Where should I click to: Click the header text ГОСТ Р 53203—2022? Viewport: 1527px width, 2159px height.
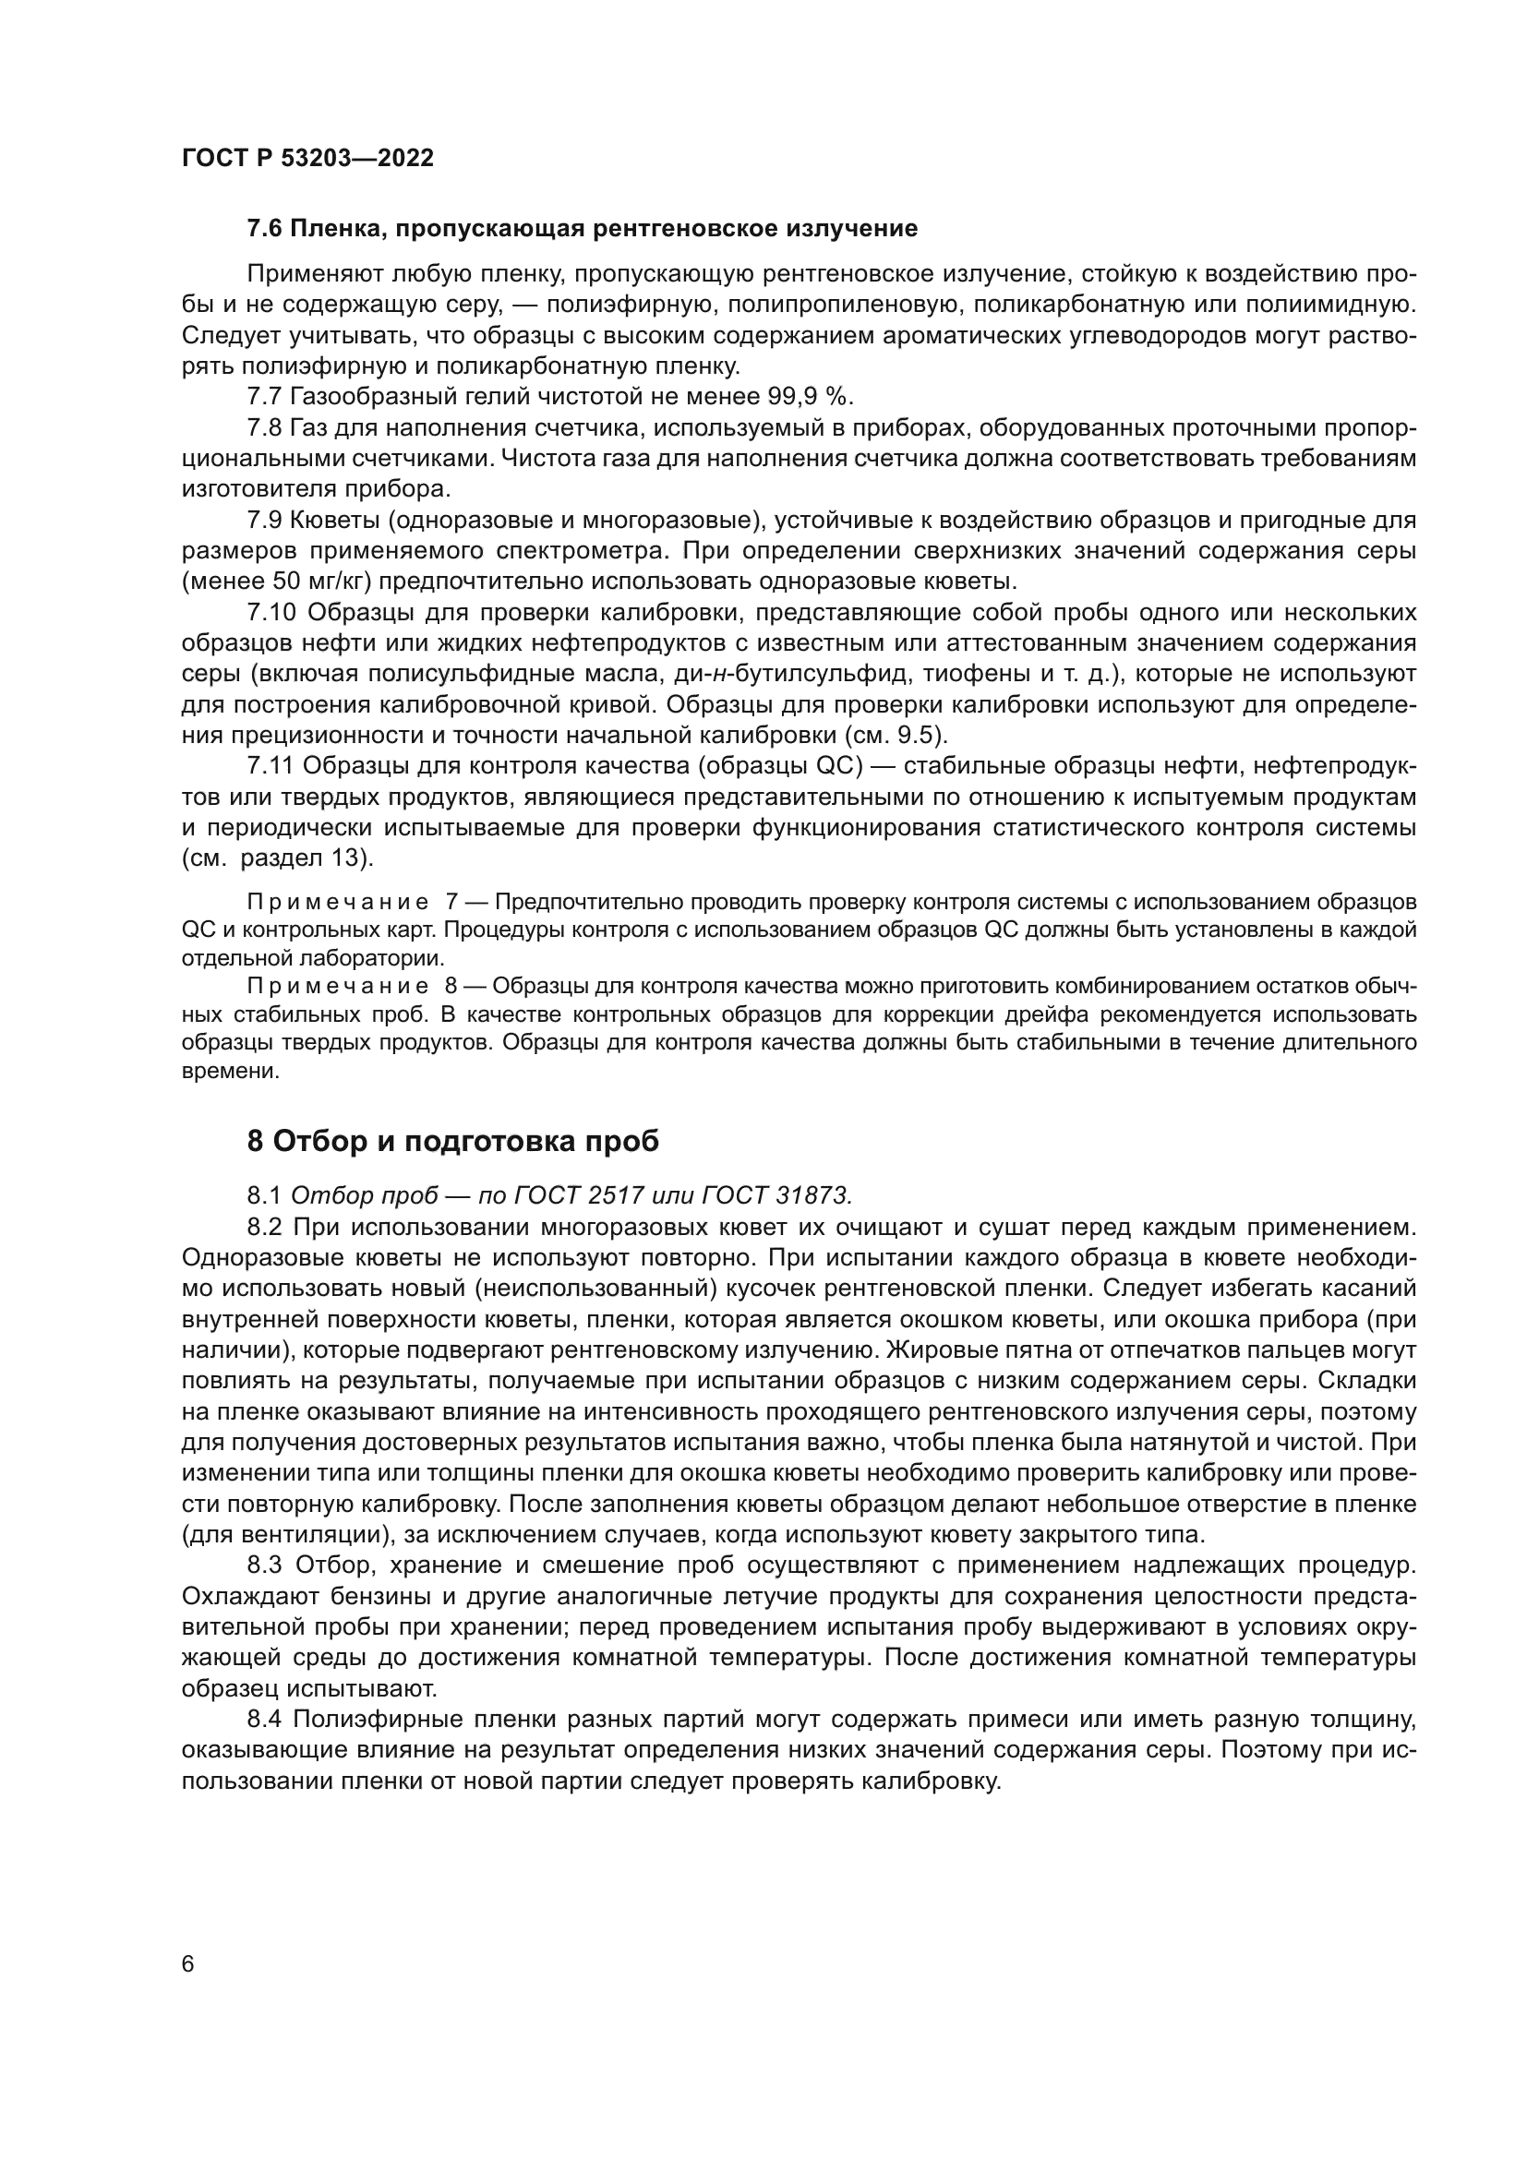click(x=307, y=158)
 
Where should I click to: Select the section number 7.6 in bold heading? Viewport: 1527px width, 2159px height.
click(x=265, y=229)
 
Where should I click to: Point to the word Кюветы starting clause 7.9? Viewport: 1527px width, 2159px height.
click(x=332, y=520)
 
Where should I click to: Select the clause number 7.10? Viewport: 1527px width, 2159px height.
click(x=271, y=613)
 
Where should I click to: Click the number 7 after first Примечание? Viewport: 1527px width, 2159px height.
click(x=451, y=903)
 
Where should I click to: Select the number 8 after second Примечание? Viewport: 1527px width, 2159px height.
click(x=451, y=987)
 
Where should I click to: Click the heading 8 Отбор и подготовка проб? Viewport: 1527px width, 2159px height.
click(x=452, y=1141)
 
